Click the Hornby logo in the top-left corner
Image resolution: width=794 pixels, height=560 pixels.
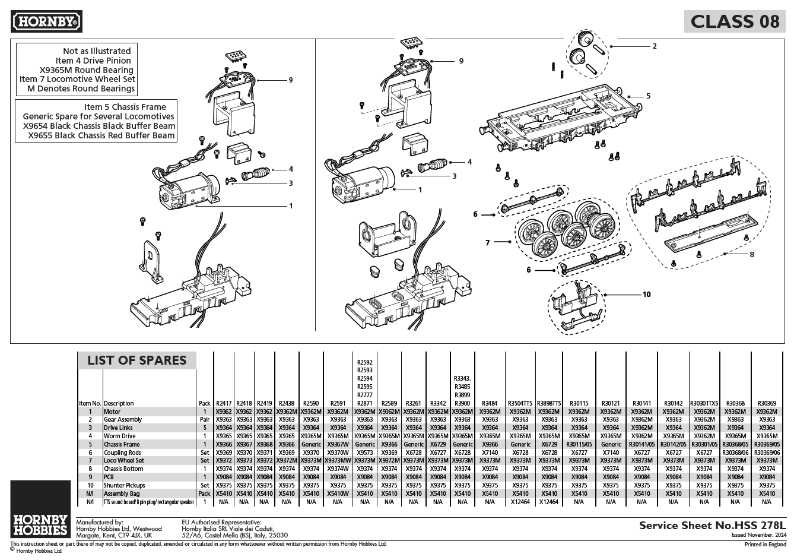[x=47, y=22]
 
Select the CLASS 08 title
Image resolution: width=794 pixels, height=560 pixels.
[x=735, y=21]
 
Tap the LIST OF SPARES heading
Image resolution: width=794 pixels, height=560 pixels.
[x=136, y=360]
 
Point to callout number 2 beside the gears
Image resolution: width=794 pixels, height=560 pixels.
[x=654, y=46]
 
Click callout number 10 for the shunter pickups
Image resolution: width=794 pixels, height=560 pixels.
[x=646, y=294]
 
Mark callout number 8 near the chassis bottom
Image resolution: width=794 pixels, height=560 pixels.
[x=751, y=254]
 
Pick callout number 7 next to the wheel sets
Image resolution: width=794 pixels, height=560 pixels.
[x=488, y=242]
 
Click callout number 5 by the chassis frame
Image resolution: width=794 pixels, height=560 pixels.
[x=648, y=96]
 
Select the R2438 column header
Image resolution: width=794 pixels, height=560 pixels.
[x=287, y=403]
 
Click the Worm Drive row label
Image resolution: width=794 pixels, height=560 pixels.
[x=120, y=436]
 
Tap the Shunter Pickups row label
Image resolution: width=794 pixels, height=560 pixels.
[x=125, y=485]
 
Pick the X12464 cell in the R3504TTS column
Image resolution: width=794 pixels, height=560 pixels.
[x=520, y=502]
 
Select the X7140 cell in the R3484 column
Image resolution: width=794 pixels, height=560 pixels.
[x=490, y=453]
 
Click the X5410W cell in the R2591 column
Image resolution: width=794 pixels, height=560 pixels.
[x=338, y=493]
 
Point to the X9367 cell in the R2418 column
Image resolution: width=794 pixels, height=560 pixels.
[x=244, y=444]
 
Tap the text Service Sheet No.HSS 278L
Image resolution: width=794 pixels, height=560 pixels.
[x=712, y=526]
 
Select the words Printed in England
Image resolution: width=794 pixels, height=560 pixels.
[x=766, y=544]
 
